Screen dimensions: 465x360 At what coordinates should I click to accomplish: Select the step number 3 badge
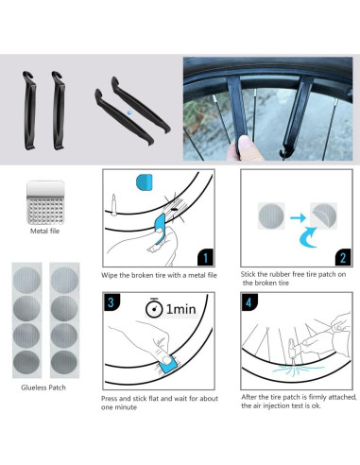tap(112, 303)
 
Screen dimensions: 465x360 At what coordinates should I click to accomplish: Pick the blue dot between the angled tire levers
tap(130, 111)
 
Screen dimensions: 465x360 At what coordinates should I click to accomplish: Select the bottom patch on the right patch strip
tap(62, 362)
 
